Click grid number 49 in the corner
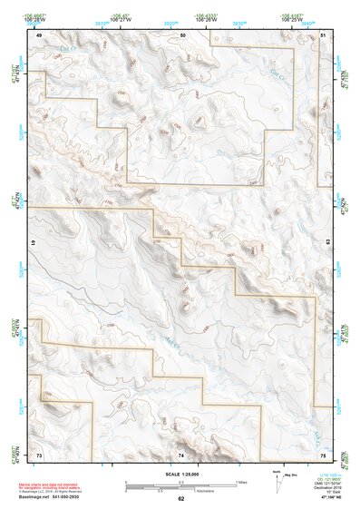[x=39, y=34]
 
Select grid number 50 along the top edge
[x=183, y=34]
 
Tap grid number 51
[x=323, y=34]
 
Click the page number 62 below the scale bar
[x=180, y=498]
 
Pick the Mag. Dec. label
[x=293, y=475]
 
